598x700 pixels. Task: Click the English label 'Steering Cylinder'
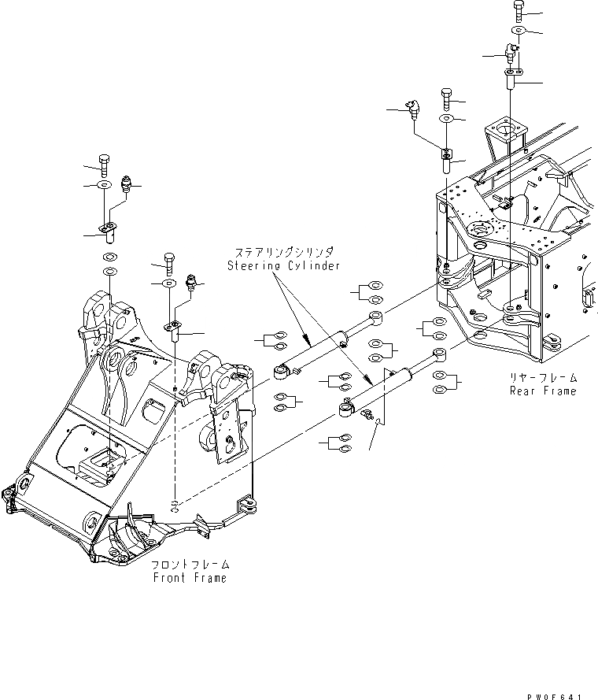coord(284,265)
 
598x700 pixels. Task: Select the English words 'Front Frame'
coord(190,577)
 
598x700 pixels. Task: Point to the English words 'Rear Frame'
coord(542,391)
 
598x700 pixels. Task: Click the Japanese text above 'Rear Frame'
coord(544,378)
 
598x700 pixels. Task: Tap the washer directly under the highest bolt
coord(519,30)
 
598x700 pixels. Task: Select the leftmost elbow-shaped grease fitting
coord(412,107)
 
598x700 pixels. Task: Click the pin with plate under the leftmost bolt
coord(108,231)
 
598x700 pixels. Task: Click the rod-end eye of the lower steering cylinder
coord(439,356)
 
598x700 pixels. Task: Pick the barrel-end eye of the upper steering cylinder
coord(279,369)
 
